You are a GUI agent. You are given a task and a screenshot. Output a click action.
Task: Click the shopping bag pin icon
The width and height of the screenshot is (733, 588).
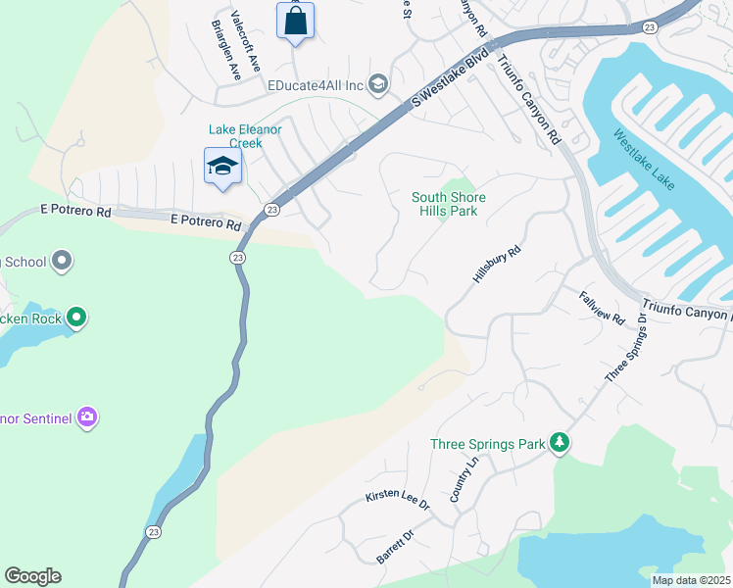(296, 21)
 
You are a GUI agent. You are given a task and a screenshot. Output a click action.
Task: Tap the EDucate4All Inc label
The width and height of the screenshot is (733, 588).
(316, 85)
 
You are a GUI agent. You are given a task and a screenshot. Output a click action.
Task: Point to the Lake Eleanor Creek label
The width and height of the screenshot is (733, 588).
(235, 136)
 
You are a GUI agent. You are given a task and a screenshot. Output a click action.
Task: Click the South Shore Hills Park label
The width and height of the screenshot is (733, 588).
(449, 204)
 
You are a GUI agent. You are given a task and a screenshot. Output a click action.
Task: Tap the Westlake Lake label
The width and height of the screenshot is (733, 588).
(644, 161)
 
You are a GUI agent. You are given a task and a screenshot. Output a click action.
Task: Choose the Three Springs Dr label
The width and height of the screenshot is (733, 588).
(626, 349)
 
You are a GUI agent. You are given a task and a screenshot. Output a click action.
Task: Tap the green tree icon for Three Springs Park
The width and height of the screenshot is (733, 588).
(560, 444)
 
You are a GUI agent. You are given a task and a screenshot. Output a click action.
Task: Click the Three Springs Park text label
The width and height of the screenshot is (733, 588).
(487, 444)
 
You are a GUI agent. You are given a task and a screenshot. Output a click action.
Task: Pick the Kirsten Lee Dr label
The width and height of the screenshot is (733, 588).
(398, 500)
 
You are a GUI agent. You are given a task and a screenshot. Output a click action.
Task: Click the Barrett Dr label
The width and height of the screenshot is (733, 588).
(396, 547)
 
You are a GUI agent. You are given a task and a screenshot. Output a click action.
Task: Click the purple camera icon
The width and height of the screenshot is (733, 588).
(87, 418)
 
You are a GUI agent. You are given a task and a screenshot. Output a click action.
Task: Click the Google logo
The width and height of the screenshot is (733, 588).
(32, 576)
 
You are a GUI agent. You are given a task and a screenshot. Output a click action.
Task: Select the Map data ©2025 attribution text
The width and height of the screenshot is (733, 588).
(691, 580)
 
